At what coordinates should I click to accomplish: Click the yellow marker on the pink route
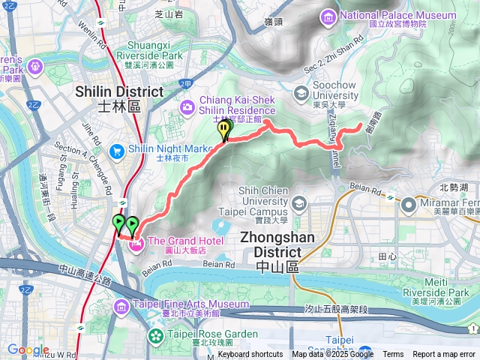pyautogui.click(x=224, y=130)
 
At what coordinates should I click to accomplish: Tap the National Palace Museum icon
pyautogui.click(x=328, y=16)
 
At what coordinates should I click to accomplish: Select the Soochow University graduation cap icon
pyautogui.click(x=301, y=93)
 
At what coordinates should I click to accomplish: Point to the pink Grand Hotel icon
pyautogui.click(x=136, y=223)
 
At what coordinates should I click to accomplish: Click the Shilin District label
pyautogui.click(x=118, y=97)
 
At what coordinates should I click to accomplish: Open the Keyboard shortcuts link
pyautogui.click(x=250, y=355)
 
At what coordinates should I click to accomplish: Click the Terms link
pyautogui.click(x=393, y=355)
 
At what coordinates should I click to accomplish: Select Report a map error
pyautogui.click(x=444, y=355)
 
